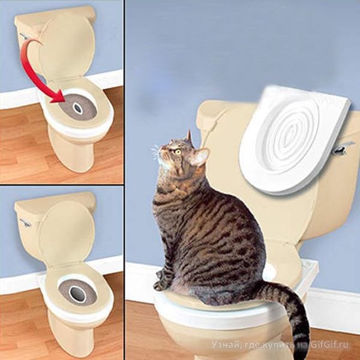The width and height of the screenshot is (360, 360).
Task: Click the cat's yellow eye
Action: click(x=177, y=152)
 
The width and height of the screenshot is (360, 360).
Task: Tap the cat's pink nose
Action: click(x=160, y=148)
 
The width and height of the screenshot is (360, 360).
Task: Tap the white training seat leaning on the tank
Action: click(x=295, y=139)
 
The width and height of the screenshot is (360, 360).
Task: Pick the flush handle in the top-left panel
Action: click(x=23, y=36)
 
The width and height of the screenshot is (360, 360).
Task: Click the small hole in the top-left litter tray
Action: click(x=77, y=109)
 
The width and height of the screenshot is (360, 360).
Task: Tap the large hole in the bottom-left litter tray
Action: click(x=77, y=294)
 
